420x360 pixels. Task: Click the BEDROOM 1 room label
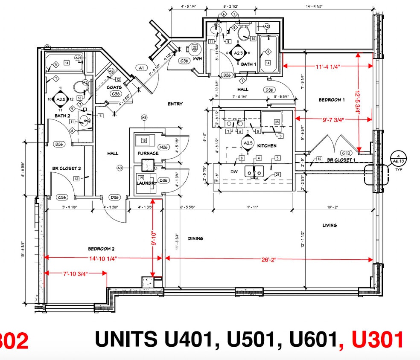[x=332, y=100]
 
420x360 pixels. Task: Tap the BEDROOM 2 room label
[x=101, y=249]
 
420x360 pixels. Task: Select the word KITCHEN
[x=267, y=146]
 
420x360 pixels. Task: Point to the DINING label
[x=195, y=238]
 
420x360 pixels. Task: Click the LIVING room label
[x=330, y=225]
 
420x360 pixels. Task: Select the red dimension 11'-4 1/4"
[x=328, y=66]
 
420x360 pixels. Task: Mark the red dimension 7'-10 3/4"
[x=76, y=274]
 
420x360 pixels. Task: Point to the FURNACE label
[x=148, y=153]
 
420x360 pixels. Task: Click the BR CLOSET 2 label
[x=67, y=168]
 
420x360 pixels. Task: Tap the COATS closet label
[x=114, y=87]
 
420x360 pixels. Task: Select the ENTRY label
[x=175, y=104]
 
